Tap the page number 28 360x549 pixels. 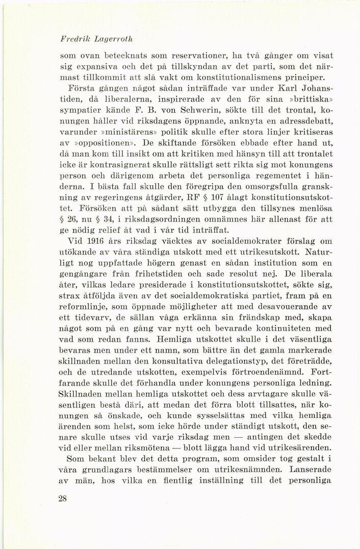[63, 499]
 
